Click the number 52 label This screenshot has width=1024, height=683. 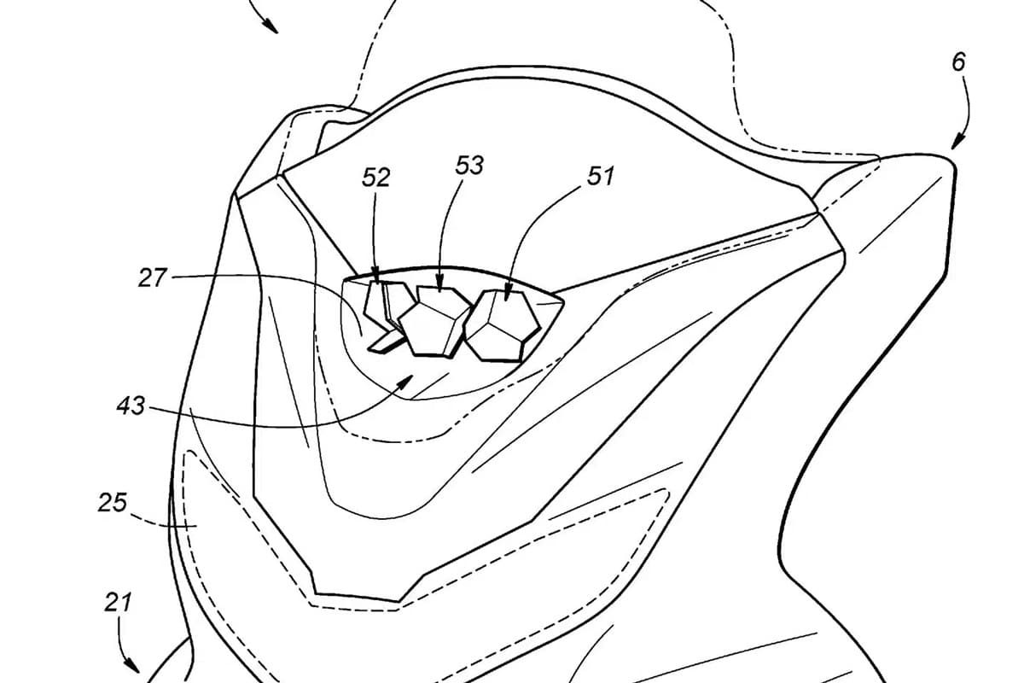pyautogui.click(x=375, y=178)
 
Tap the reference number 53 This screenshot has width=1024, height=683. pyautogui.click(x=469, y=165)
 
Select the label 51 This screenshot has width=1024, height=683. pyautogui.click(x=600, y=176)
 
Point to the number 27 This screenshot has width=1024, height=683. pyautogui.click(x=153, y=277)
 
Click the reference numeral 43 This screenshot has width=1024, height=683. pyautogui.click(x=131, y=406)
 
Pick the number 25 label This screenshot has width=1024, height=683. pyautogui.click(x=113, y=502)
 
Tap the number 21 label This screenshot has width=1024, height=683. pyautogui.click(x=118, y=602)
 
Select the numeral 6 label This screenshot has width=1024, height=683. pyautogui.click(x=958, y=61)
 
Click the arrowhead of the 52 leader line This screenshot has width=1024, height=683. pyautogui.click(x=377, y=277)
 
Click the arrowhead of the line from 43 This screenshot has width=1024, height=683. pyautogui.click(x=407, y=380)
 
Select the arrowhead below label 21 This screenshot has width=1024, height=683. pyautogui.click(x=132, y=677)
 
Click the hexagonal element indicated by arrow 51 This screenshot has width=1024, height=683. pyautogui.click(x=502, y=326)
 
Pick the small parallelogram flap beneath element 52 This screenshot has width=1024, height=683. pyautogui.click(x=387, y=343)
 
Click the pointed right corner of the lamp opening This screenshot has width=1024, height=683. pyautogui.click(x=563, y=301)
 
